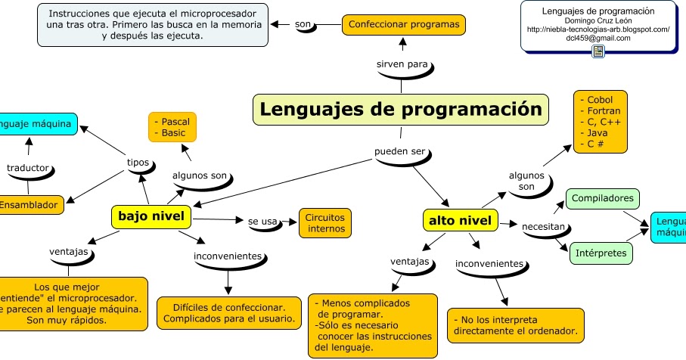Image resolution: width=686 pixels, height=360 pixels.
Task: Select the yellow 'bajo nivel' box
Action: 151,217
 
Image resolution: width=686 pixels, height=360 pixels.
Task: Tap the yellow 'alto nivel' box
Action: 460,221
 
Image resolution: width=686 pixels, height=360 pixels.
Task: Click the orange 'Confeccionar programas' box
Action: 404,24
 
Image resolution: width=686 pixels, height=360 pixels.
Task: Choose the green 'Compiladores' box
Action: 602,198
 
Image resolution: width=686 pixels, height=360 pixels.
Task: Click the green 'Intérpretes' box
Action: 601,253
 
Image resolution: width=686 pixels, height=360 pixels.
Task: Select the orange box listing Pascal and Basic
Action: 172,126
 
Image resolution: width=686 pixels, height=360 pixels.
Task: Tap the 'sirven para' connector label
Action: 402,64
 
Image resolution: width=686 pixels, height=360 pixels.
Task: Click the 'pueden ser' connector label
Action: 399,151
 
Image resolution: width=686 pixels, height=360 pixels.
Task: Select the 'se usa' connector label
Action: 262,222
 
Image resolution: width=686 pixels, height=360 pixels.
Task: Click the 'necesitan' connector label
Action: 543,226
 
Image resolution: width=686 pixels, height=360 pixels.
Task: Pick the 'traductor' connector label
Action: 27,167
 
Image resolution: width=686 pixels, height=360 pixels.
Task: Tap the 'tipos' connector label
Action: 138,162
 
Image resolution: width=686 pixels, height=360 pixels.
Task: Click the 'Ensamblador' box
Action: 29,205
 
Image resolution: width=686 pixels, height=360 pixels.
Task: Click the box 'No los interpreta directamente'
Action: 516,325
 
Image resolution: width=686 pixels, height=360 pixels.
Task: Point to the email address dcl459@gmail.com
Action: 598,38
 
